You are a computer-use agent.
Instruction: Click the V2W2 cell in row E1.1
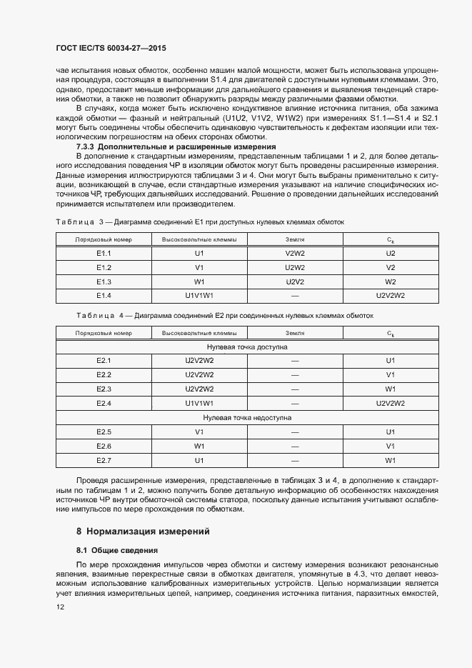pos(295,254)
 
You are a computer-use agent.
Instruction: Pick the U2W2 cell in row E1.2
pos(295,267)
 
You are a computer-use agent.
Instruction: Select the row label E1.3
pos(104,281)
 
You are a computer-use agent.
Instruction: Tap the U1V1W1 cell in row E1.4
pos(199,295)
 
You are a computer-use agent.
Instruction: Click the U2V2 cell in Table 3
pos(295,281)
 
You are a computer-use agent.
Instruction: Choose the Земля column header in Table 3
pos(295,239)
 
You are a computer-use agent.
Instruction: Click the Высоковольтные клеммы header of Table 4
pos(199,333)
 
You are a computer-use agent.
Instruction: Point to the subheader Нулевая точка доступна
pos(247,347)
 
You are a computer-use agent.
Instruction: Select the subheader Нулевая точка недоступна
pos(247,417)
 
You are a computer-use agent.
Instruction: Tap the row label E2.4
pos(104,403)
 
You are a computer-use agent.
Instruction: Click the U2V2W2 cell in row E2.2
pos(199,374)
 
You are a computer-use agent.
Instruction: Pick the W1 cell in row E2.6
pos(199,446)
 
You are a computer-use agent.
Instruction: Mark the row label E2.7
pos(104,460)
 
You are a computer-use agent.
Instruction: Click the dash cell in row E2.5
pos(295,432)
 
